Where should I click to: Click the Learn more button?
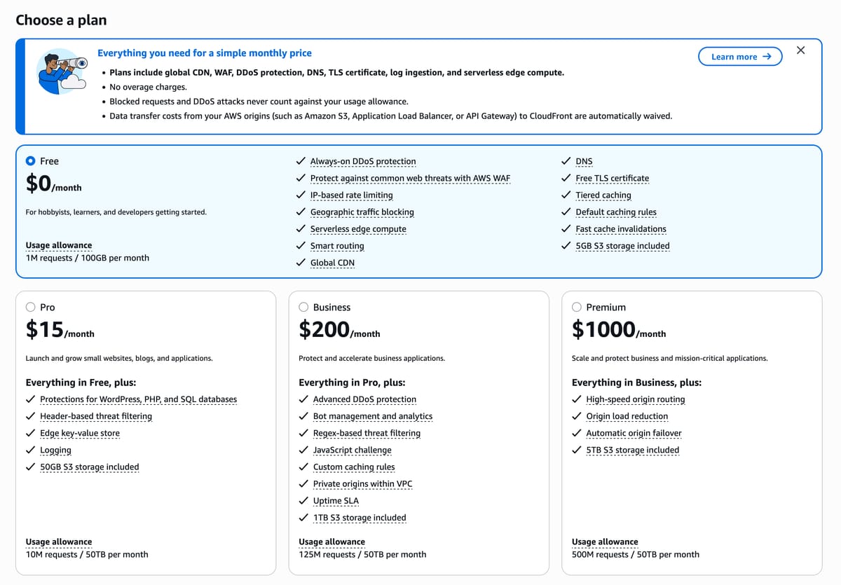click(x=740, y=57)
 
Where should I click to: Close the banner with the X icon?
click(x=801, y=50)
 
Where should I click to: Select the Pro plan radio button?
click(x=31, y=307)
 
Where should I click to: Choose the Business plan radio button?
click(x=303, y=307)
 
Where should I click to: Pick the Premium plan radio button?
click(x=577, y=307)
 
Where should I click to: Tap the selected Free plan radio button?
click(x=31, y=161)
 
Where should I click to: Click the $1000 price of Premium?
click(x=603, y=329)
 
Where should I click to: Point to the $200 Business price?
click(x=324, y=329)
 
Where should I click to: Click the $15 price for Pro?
click(x=45, y=329)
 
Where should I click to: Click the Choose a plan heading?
click(x=61, y=20)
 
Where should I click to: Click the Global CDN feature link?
click(x=332, y=263)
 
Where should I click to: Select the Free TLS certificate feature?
click(x=612, y=178)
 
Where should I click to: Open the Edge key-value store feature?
click(x=80, y=433)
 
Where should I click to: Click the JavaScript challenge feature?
click(x=352, y=450)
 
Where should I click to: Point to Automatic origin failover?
click(x=634, y=433)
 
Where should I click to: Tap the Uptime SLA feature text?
click(x=336, y=500)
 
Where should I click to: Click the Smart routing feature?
click(x=337, y=246)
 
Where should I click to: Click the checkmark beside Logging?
click(x=30, y=450)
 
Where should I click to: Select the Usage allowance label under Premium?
click(x=605, y=542)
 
